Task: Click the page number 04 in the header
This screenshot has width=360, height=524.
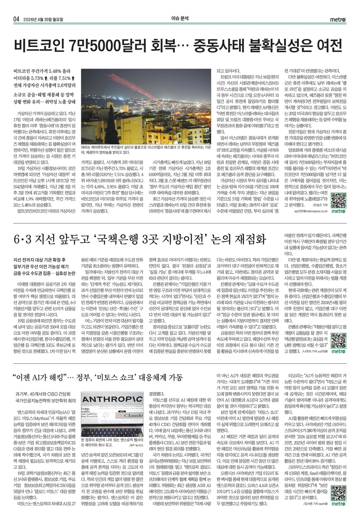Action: pos(16,19)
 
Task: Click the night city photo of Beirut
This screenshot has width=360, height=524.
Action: pos(146,106)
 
